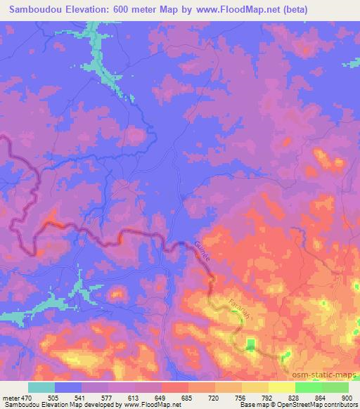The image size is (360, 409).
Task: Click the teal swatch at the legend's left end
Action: point(41,387)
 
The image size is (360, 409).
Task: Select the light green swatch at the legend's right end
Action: point(335,387)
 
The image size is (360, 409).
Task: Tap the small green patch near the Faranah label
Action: point(251,344)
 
